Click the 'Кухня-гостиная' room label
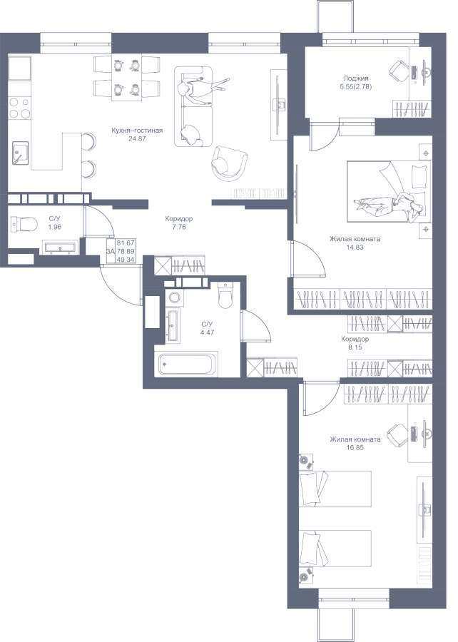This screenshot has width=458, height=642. click(x=137, y=131)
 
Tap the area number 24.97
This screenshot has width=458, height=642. click(x=136, y=138)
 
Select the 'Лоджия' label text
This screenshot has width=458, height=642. click(x=355, y=78)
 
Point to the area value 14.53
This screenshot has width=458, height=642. click(x=355, y=248)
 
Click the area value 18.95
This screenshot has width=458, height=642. click(x=355, y=448)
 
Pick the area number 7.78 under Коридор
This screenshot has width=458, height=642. click(x=178, y=227)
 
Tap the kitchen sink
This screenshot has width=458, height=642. click(x=20, y=152)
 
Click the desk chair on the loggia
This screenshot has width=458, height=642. click(x=400, y=71)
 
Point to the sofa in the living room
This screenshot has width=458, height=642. click(x=193, y=105)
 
